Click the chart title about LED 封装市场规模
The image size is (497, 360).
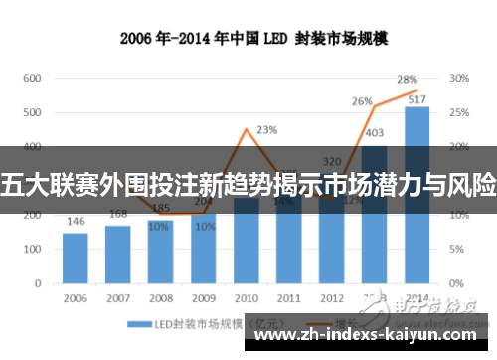tap(248, 40)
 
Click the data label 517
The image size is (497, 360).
tap(417, 98)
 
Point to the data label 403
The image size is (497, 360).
tap(375, 133)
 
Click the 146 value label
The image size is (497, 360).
tap(76, 222)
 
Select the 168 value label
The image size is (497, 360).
tap(118, 214)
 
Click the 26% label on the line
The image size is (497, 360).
tap(362, 101)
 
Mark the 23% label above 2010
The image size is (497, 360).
tap(266, 130)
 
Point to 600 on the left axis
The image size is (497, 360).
tap(32, 78)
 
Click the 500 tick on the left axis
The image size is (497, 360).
tap(32, 113)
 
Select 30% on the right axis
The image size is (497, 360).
tap(458, 78)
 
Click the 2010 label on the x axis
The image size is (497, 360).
tap(246, 297)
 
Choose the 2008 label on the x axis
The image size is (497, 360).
tap(161, 297)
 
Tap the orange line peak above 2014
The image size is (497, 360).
tap(417, 90)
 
